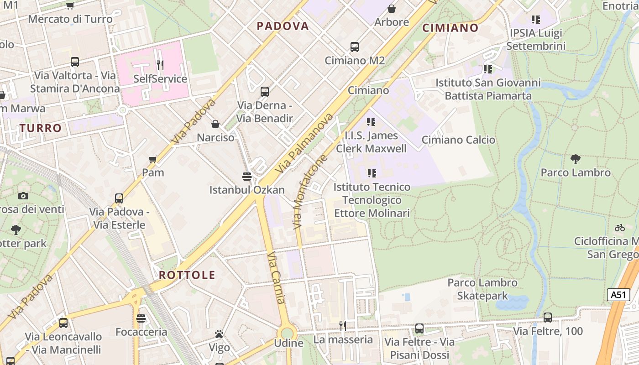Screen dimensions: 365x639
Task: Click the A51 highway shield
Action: (618, 294)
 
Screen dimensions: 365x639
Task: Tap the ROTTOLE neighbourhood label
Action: (187, 275)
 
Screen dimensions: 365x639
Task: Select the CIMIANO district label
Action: (450, 28)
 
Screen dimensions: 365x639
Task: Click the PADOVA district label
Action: (283, 26)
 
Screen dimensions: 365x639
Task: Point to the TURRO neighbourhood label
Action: (41, 128)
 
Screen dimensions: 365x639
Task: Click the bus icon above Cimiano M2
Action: (355, 47)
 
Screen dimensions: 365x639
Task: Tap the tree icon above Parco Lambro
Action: (576, 159)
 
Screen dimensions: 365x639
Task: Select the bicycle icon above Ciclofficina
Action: (619, 227)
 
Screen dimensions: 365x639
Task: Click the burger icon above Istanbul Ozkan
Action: (247, 176)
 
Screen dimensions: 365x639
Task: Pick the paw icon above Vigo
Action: (219, 334)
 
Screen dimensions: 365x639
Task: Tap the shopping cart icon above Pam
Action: (153, 159)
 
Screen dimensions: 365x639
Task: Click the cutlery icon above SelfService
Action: (160, 65)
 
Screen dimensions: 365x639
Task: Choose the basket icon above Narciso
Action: (215, 124)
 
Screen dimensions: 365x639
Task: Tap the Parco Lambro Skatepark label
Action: (482, 289)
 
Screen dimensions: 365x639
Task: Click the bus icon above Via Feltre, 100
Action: (548, 317)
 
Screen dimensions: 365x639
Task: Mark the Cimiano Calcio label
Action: (458, 140)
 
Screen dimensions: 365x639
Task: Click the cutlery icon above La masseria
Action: (343, 326)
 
